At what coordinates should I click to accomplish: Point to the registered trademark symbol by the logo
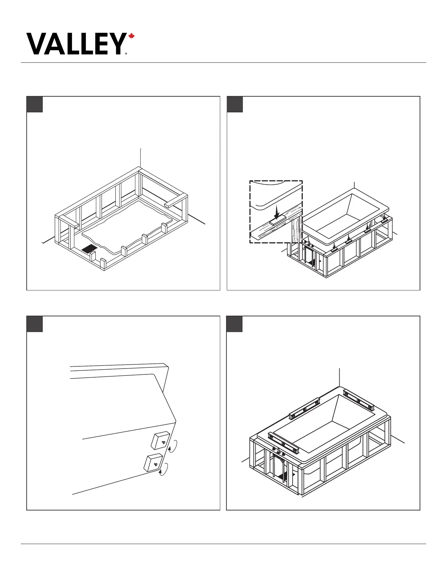126,53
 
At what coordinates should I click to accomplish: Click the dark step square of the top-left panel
35,105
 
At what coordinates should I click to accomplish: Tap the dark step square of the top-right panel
235,105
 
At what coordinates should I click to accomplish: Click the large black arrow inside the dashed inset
277,212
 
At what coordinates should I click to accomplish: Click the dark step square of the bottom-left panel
35,324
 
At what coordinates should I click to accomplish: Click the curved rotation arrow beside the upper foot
174,446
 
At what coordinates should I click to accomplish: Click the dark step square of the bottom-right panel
235,324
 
